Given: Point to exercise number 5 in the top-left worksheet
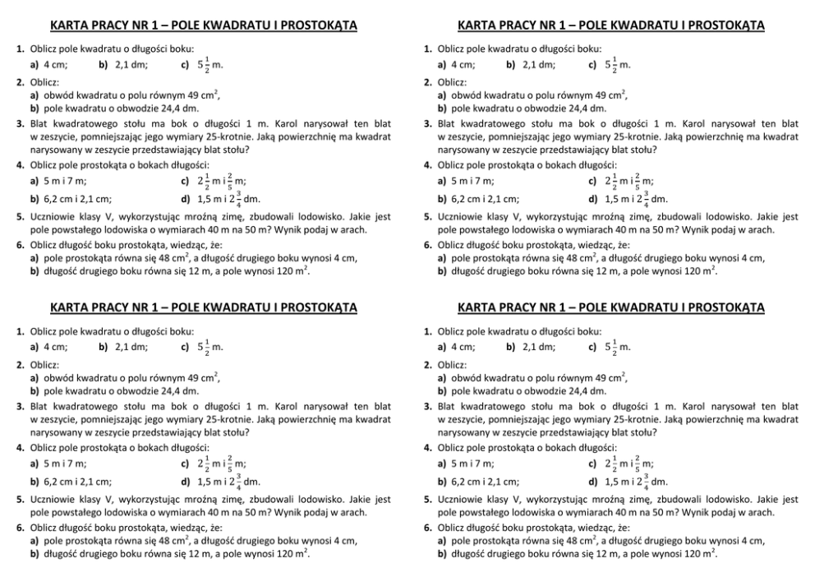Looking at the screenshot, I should pos(20,218).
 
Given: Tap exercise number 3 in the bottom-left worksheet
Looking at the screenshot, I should pos(20,406).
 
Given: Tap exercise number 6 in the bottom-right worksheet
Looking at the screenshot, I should pos(427,527).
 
